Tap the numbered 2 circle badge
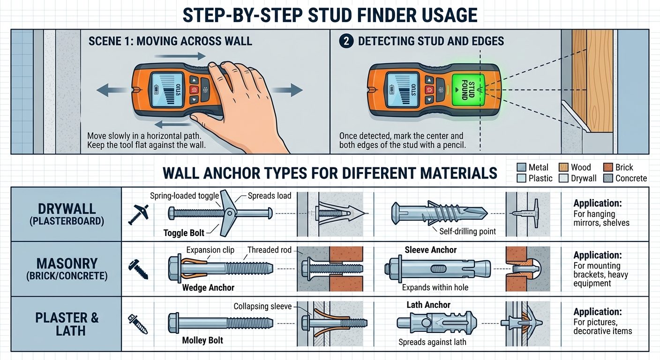[346, 41]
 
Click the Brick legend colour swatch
[608, 167]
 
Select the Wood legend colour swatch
[563, 167]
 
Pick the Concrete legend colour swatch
[608, 178]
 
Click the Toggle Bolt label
[184, 233]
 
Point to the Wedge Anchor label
[208, 287]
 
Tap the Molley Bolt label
[202, 340]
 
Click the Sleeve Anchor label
[430, 250]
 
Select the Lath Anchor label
[428, 305]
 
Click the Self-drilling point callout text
[468, 231]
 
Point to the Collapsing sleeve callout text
[262, 307]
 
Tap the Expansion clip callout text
[210, 250]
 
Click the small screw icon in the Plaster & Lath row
[138, 324]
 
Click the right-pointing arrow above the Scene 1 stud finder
[180, 56]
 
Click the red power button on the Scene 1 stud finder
[194, 90]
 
